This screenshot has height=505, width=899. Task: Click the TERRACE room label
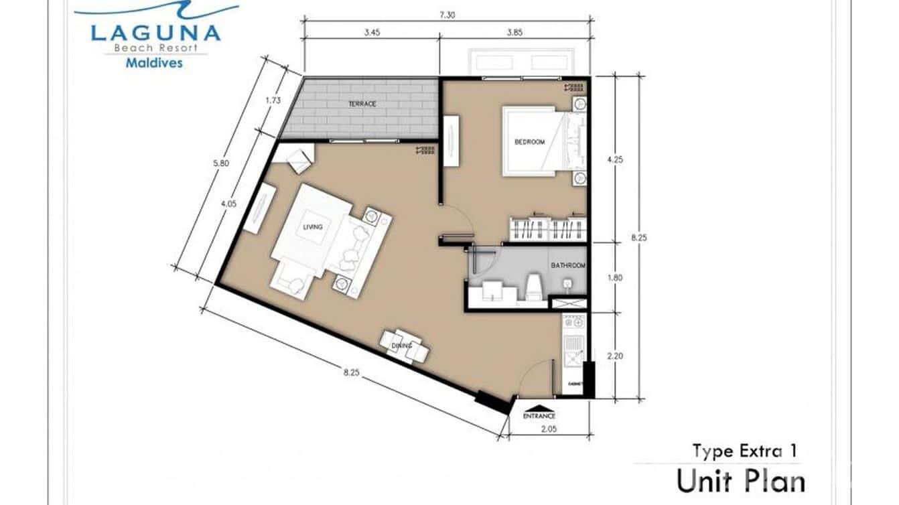(362, 104)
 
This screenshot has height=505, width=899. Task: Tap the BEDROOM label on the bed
(529, 142)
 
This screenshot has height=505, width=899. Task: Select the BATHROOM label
(568, 266)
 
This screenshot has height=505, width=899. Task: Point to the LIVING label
(312, 228)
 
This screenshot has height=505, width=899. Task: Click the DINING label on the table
(401, 346)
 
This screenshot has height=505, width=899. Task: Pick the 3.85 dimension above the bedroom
(514, 51)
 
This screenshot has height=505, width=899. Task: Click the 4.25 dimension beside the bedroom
(614, 160)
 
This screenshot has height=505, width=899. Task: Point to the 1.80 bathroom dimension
(614, 277)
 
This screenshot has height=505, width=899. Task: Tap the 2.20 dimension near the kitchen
(614, 357)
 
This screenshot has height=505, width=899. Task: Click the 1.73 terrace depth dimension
(272, 100)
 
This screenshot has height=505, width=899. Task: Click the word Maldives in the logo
(155, 64)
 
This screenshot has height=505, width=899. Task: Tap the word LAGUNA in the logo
(155, 32)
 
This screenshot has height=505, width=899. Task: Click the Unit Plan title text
(740, 482)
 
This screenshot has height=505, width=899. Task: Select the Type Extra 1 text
(744, 451)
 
